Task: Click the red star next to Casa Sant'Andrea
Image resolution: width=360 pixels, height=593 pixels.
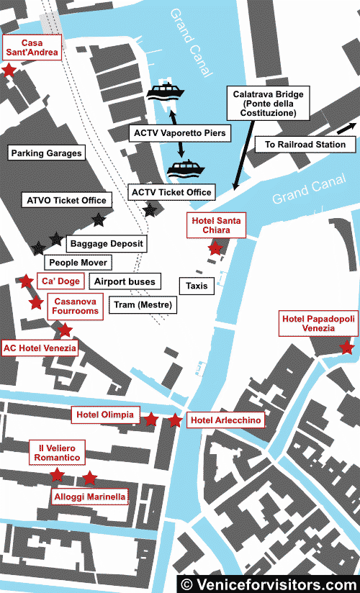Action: pyautogui.click(x=9, y=70)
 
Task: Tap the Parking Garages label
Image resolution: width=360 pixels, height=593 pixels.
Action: pyautogui.click(x=46, y=153)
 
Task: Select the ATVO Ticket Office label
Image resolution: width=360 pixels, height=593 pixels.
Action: pyautogui.click(x=66, y=200)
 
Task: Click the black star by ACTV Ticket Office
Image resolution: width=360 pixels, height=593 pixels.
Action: pyautogui.click(x=150, y=210)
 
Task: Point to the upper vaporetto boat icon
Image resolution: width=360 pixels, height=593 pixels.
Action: pyautogui.click(x=166, y=92)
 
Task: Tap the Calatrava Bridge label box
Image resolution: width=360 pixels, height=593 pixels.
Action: pyautogui.click(x=267, y=104)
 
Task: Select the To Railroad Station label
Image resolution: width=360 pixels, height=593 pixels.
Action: pyautogui.click(x=305, y=145)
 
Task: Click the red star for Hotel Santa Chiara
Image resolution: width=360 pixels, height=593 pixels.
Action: pyautogui.click(x=215, y=248)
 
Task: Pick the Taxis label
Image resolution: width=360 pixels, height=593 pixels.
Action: pyautogui.click(x=197, y=286)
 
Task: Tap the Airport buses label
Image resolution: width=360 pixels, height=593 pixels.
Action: pyautogui.click(x=125, y=281)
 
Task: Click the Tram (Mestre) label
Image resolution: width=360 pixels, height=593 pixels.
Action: pyautogui.click(x=143, y=304)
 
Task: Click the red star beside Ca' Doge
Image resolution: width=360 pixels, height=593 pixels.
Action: pyautogui.click(x=26, y=281)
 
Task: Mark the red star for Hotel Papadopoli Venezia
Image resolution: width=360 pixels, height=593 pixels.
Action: pyautogui.click(x=346, y=348)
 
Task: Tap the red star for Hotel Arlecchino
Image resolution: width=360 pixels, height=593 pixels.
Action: pyautogui.click(x=175, y=420)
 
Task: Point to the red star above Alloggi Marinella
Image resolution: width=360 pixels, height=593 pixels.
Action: pyautogui.click(x=89, y=478)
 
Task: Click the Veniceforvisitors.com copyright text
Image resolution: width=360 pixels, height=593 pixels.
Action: pyautogui.click(x=268, y=584)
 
